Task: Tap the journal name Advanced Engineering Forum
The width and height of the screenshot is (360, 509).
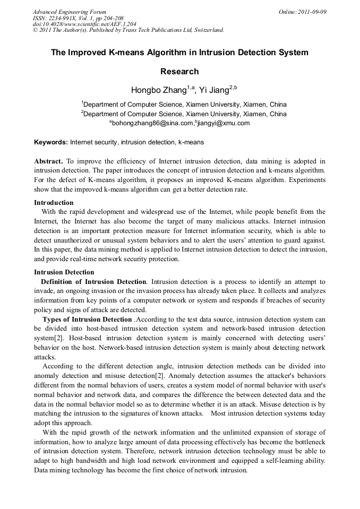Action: (x=70, y=12)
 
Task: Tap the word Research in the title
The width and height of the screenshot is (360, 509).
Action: (x=179, y=72)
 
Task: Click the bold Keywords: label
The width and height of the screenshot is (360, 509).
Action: (x=51, y=142)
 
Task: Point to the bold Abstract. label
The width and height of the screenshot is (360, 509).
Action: (x=48, y=161)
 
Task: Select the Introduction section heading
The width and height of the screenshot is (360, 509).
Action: (x=54, y=202)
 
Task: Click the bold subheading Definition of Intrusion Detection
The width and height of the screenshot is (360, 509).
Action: (x=93, y=281)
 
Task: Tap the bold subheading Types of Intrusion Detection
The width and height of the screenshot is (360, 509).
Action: (x=87, y=319)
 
